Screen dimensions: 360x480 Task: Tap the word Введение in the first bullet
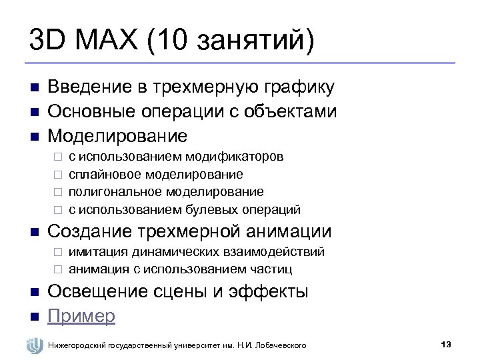click(x=96, y=87)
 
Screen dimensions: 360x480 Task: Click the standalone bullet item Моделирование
click(x=117, y=136)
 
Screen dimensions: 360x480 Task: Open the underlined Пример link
click(x=81, y=315)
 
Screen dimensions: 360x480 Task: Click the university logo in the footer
click(x=34, y=345)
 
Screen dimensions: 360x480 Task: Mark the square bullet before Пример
click(x=33, y=316)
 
